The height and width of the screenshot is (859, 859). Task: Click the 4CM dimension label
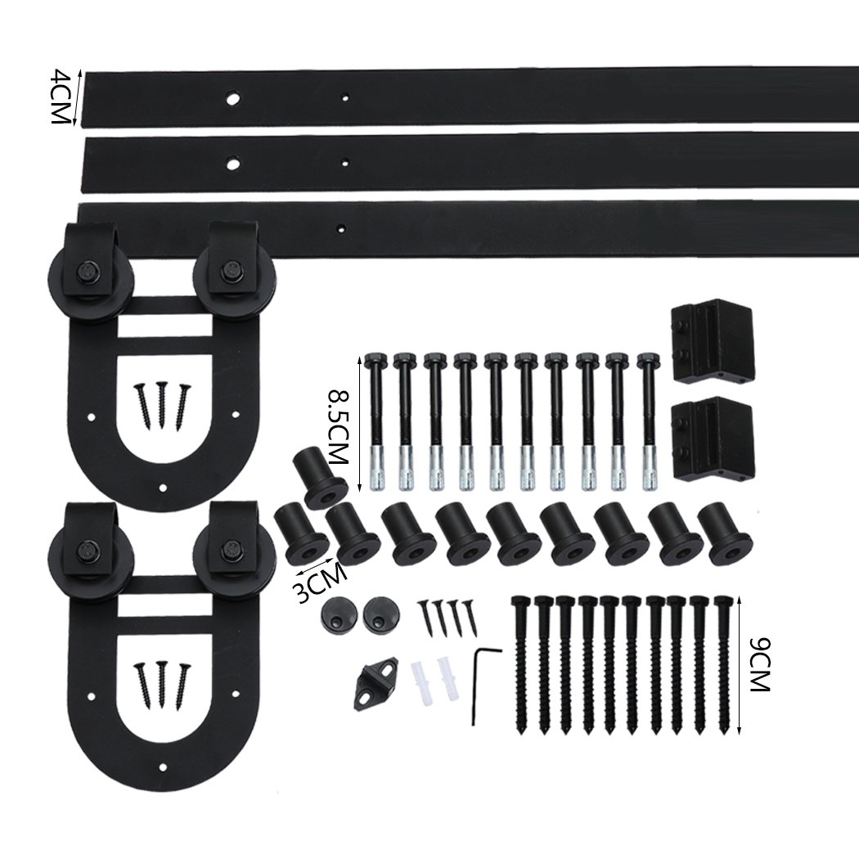(58, 97)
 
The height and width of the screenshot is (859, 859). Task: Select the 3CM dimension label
(318, 582)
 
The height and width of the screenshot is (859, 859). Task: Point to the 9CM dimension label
(760, 663)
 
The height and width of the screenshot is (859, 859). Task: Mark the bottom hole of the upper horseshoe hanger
(164, 488)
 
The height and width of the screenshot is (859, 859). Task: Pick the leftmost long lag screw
(521, 663)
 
